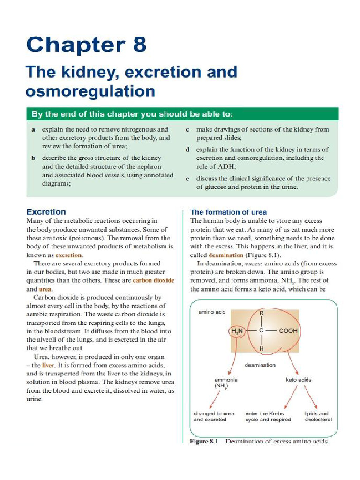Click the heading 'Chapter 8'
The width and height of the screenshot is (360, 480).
(x=86, y=45)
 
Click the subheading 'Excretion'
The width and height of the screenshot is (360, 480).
(x=46, y=212)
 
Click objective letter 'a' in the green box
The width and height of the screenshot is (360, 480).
(x=34, y=130)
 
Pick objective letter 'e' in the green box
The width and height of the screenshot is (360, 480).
(x=187, y=179)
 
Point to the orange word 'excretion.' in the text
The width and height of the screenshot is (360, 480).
(x=69, y=255)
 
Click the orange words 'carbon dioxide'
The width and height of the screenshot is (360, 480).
(x=153, y=280)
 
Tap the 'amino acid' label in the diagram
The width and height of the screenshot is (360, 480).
(x=212, y=312)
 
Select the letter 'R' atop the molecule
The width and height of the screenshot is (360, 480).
(x=262, y=313)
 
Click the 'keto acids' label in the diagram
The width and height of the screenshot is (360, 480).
(x=299, y=380)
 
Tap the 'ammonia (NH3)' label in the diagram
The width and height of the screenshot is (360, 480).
(x=226, y=383)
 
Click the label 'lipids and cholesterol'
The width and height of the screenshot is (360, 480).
(x=317, y=417)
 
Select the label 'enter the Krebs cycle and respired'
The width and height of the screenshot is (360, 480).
(x=268, y=417)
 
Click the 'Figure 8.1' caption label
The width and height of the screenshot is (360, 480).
(x=204, y=442)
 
